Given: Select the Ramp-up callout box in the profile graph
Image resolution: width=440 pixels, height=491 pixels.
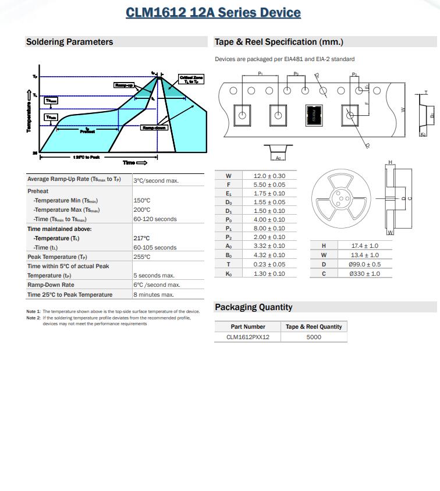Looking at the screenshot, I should click(124, 85).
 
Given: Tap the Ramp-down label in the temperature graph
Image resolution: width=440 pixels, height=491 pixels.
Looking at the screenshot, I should click(154, 127).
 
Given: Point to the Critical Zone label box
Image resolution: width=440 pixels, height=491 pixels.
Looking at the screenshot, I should click(191, 80).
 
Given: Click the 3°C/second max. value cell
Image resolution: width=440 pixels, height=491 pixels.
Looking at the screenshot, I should click(156, 180).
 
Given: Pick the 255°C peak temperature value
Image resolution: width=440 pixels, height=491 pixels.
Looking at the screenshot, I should click(142, 257).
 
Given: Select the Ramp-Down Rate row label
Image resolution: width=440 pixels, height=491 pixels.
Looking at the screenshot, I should click(51, 285).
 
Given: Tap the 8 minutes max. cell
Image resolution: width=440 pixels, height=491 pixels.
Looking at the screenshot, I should click(154, 295).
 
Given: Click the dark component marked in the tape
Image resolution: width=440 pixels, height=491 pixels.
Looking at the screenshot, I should click(314, 115).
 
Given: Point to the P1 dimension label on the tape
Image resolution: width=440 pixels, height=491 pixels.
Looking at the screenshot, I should click(260, 74).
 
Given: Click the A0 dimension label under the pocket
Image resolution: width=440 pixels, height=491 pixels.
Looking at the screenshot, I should click(278, 158).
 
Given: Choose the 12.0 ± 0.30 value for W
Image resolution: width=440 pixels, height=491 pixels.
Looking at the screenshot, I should click(269, 176).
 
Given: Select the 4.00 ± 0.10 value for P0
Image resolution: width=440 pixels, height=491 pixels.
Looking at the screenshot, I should click(269, 220).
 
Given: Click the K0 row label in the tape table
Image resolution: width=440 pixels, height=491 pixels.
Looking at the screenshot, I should click(229, 273).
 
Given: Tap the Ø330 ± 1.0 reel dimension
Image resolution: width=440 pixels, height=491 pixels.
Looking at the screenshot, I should click(364, 273).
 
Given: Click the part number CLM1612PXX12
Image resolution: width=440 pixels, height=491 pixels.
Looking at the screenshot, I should click(248, 337).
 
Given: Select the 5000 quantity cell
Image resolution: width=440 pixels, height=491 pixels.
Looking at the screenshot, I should click(314, 337).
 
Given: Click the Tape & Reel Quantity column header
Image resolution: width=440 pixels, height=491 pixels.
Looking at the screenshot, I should click(314, 326).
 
